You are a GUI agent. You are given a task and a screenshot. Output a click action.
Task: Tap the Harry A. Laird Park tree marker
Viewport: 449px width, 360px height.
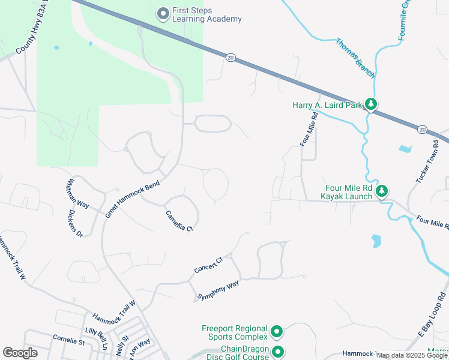click(x=372, y=105)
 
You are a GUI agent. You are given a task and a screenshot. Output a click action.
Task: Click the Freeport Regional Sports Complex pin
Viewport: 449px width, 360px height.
click(x=277, y=331)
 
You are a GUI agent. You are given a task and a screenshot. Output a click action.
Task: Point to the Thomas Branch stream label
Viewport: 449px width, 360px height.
click(x=355, y=58)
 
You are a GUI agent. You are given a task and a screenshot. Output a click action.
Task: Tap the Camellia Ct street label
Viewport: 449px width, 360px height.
click(x=179, y=220)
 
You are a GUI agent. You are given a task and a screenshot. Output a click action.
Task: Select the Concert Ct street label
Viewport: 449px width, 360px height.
click(x=208, y=265)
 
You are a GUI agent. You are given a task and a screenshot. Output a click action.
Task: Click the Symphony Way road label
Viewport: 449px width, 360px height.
click(x=218, y=290)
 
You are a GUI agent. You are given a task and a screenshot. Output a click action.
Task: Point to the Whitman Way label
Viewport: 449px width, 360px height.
click(x=78, y=193)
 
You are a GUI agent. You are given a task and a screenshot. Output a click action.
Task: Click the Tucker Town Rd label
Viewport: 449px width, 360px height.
click(x=427, y=161)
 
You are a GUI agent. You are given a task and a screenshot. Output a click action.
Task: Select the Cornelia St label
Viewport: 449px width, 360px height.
click(x=68, y=341)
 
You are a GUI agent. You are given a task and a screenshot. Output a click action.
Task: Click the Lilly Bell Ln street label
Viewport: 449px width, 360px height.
click(x=97, y=339)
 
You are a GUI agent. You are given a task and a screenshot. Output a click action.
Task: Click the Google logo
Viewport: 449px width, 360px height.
click(x=20, y=353)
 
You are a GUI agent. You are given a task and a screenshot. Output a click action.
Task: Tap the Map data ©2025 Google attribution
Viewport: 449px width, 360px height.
click(x=412, y=355)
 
